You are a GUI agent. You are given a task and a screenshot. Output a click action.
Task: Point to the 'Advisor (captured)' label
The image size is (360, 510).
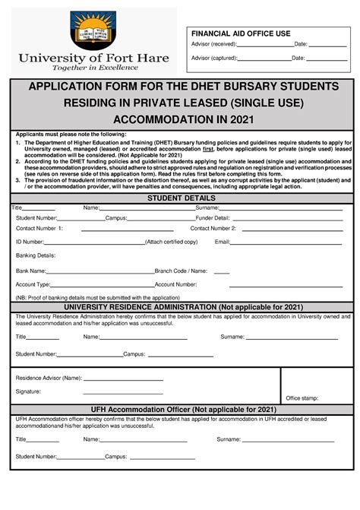(213, 58)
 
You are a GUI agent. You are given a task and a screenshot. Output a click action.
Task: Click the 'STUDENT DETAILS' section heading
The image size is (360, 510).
(180, 198)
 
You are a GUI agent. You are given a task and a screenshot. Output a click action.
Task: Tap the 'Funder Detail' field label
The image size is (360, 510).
(201, 217)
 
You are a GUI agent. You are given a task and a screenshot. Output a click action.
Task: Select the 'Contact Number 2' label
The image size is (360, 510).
(213, 228)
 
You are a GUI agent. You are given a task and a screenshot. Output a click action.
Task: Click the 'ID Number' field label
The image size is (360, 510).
(30, 242)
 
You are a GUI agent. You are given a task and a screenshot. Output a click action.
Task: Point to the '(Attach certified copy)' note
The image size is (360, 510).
(171, 242)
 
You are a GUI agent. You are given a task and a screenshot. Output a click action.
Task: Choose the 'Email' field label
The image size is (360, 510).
(223, 242)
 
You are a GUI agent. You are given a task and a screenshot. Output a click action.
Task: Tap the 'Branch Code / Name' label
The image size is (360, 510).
(181, 271)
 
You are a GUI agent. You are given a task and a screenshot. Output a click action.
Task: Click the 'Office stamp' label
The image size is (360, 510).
(302, 398)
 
